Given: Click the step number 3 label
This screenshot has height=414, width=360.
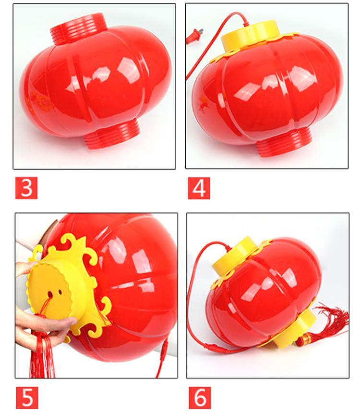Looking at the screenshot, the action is [26, 188].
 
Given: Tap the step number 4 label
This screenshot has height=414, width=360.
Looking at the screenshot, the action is [199, 188].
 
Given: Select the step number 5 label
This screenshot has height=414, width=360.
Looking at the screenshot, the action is [27, 398].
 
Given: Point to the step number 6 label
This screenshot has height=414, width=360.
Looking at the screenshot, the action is [200, 398].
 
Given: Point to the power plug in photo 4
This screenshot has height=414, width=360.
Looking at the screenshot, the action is [194, 36].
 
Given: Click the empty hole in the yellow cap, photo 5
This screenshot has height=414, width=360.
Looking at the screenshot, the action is [60, 292].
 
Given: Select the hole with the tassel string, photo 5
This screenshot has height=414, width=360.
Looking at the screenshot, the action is [49, 293].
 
